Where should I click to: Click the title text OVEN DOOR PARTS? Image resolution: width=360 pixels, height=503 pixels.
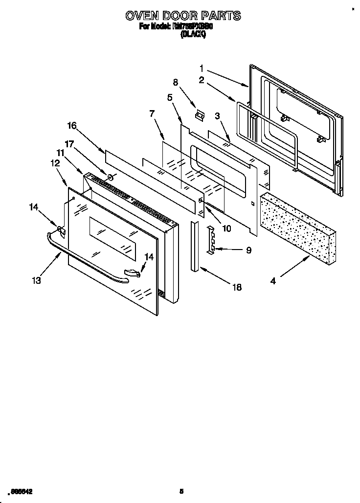pos(183,16)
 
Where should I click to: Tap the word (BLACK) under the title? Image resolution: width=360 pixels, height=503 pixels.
pos(193,34)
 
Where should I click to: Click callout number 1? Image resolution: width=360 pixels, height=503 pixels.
pos(202,68)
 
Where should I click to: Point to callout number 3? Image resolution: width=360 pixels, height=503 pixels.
pos(217,115)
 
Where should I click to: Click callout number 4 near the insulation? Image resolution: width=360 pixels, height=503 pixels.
pos(273,281)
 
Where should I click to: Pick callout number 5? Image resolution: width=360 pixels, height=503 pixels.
pos(170,97)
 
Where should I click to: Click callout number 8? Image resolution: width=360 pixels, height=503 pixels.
pos(176,82)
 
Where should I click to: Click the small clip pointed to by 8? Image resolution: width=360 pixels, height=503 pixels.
pos(199,115)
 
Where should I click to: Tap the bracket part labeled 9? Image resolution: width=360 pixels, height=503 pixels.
pos(212,239)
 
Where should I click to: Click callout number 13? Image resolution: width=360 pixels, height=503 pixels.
pos(36,280)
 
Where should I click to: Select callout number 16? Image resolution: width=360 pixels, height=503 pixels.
pos(71,126)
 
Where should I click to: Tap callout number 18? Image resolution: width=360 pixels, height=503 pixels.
pos(237,287)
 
